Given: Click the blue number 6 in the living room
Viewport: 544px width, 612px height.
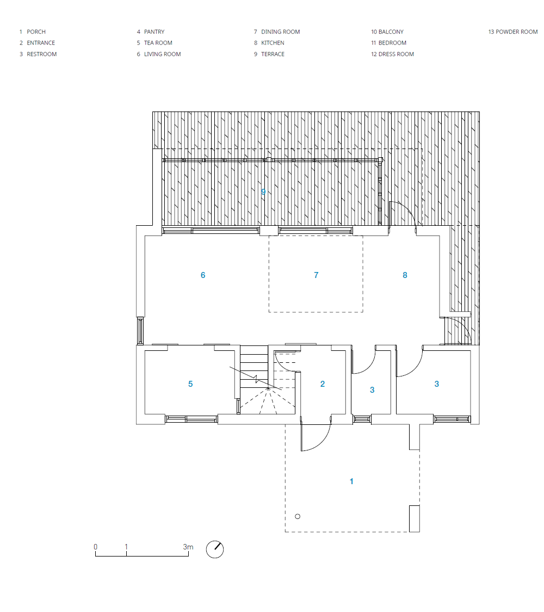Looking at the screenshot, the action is [203, 275].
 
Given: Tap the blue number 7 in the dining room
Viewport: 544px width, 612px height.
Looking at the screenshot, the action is [316, 275].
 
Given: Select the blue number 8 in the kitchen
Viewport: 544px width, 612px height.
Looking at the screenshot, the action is [405, 275].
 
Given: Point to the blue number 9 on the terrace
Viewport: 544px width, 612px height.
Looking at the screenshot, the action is [263, 191].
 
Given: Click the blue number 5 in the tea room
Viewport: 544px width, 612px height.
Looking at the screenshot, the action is [190, 384].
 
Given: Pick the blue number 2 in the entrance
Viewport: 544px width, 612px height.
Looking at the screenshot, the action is [323, 384].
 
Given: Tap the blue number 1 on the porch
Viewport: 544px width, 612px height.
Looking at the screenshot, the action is [351, 481].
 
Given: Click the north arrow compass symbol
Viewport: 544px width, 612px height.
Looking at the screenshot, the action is [215, 549].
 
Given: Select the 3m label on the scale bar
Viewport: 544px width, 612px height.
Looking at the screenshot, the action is [188, 547].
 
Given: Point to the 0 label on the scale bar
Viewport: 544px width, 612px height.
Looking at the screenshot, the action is [96, 547].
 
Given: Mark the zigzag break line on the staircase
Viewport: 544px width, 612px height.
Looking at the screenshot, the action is [255, 378].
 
